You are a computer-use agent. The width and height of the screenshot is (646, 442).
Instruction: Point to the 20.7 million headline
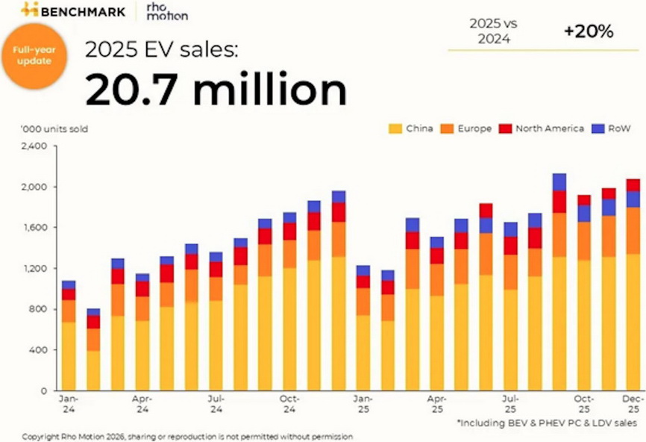point(216,89)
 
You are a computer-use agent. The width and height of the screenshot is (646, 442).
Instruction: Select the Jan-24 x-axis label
point(69,404)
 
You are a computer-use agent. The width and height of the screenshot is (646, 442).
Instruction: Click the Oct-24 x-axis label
point(289,404)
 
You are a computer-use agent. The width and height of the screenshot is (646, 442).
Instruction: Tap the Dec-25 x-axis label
point(633,404)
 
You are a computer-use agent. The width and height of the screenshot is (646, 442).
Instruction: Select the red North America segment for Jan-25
point(363,281)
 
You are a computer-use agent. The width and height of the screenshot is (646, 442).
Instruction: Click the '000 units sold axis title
point(54,129)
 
